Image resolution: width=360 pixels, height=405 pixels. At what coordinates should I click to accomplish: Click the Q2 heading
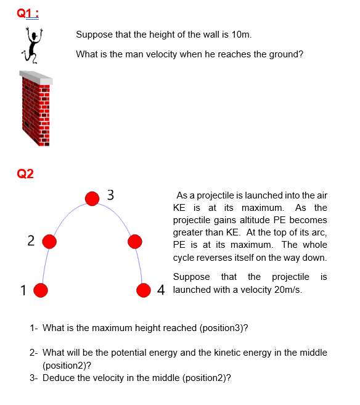click(x=25, y=174)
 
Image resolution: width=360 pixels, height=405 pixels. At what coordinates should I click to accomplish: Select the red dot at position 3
click(x=92, y=198)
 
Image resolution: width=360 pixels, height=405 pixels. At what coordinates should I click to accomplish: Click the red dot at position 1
click(x=41, y=290)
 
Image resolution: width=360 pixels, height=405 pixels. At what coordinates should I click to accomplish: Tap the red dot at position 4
click(x=144, y=290)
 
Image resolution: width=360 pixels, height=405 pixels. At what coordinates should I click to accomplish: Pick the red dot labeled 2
click(x=49, y=240)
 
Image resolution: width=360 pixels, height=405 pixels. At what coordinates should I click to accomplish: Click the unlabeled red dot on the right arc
click(x=136, y=240)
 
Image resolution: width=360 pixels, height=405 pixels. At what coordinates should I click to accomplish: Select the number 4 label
click(x=162, y=290)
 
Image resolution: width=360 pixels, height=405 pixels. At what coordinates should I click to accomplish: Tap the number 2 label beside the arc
click(x=31, y=240)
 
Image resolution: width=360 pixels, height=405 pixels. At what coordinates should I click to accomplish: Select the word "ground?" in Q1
click(x=284, y=54)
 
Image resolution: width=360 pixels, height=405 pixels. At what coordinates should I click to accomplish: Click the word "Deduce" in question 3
click(x=57, y=377)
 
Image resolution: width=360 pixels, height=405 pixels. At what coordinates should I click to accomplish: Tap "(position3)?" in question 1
click(x=224, y=327)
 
